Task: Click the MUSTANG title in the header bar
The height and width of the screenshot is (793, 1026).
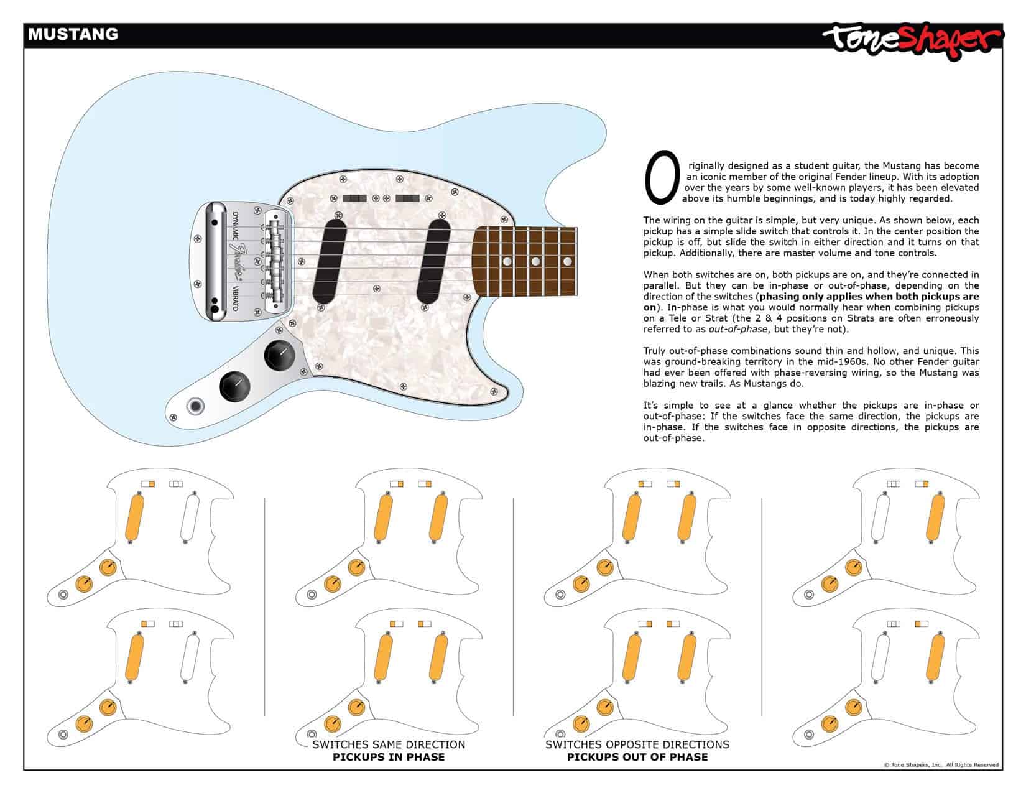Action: [x=73, y=34]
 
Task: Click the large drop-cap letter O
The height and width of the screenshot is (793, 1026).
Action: [x=662, y=177]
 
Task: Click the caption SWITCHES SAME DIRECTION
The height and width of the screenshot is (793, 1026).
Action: [x=389, y=744]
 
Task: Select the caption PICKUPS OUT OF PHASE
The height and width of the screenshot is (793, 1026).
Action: [x=637, y=757]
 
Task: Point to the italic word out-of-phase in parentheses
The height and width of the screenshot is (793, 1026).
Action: [x=737, y=330]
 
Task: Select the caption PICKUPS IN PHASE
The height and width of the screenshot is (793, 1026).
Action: [x=389, y=757]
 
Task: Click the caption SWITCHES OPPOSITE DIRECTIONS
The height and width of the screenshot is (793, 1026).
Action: [x=637, y=744]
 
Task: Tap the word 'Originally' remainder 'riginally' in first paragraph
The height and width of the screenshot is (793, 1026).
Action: [x=708, y=166]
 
